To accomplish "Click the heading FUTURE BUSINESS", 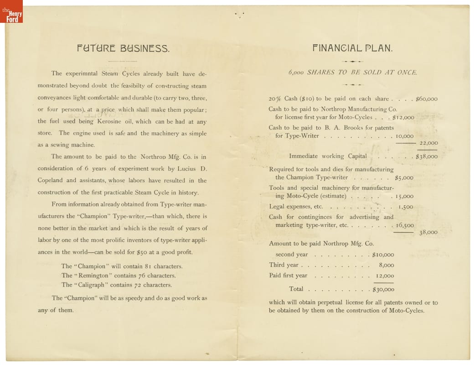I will [x=123, y=48].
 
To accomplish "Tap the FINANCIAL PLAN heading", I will [x=352, y=48].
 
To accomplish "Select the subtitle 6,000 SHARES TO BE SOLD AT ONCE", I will [x=352, y=73].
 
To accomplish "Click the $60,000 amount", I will [x=426, y=99].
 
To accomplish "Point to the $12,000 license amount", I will [x=403, y=117].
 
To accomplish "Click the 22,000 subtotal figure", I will [x=429, y=143].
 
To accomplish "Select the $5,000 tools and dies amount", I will [x=404, y=177].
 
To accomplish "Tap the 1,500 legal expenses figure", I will [x=406, y=207].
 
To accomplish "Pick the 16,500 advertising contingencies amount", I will [x=405, y=225].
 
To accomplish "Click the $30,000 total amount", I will [x=383, y=289].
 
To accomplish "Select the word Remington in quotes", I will [x=93, y=276].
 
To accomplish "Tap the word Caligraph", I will [x=92, y=285].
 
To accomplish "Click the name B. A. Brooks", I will [x=340, y=128].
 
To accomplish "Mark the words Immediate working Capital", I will [x=328, y=156].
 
